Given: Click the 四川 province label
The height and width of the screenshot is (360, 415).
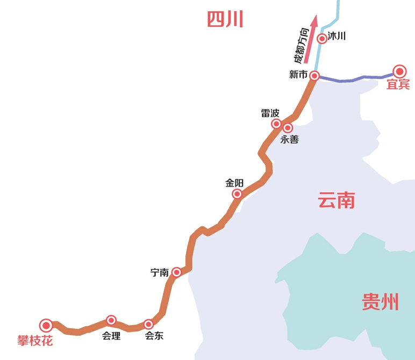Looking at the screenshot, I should (x=225, y=20).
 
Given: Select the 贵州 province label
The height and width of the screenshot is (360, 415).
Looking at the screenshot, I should (x=380, y=302).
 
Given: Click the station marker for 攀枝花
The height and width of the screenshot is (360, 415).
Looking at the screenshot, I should (x=46, y=325).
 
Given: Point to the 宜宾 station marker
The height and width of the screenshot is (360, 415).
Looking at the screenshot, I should (x=399, y=71).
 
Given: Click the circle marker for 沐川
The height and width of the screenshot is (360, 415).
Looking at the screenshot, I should (x=322, y=38).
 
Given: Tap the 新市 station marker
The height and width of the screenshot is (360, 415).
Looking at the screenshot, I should (x=315, y=76).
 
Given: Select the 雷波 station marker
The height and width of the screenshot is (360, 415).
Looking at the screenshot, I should (x=276, y=124).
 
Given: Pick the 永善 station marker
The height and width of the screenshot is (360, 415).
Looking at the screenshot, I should (x=288, y=128).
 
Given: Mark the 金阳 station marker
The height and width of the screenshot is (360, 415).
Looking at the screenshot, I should (x=237, y=194).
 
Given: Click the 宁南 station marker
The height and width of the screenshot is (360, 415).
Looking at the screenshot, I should (x=176, y=272).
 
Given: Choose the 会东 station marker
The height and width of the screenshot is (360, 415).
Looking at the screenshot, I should (x=148, y=324).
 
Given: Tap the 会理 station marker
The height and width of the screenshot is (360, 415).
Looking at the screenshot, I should (x=111, y=320).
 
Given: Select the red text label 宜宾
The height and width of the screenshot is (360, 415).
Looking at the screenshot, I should (x=398, y=84).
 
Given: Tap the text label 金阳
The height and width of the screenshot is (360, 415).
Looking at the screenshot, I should (x=234, y=183).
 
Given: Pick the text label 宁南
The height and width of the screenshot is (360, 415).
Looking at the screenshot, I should (x=160, y=273).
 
